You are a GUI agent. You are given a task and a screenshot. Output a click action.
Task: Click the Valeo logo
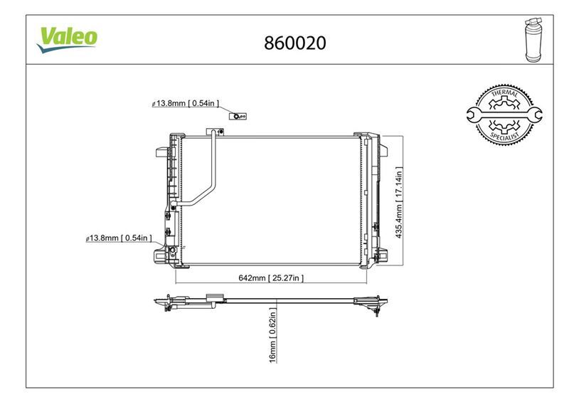tap(67, 38)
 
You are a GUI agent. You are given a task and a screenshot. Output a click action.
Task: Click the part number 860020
tap(294, 43)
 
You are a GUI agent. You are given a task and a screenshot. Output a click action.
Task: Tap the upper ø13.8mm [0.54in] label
tap(186, 104)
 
